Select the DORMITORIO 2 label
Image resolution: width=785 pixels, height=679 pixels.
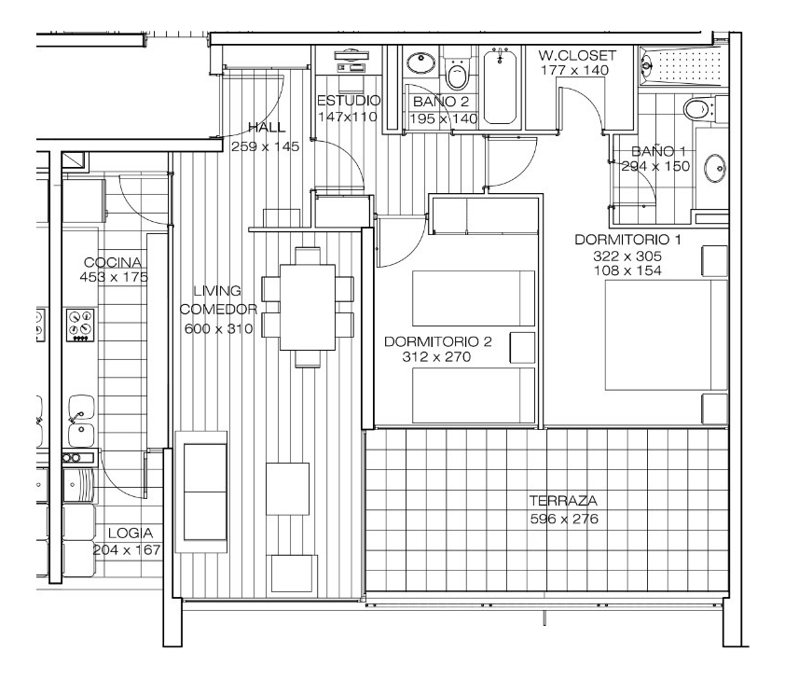pos(437,341)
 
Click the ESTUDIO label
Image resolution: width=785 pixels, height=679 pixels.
pos(348,100)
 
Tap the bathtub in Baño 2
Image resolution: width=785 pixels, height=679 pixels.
pos(500,86)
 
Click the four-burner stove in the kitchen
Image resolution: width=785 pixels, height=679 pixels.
pos(79,326)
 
